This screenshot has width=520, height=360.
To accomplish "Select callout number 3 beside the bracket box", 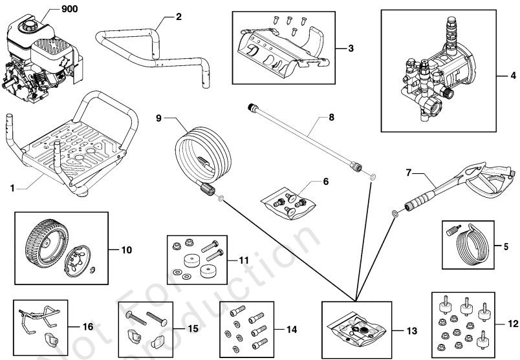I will click(350, 48).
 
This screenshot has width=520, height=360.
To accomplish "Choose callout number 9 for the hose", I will click(160, 118).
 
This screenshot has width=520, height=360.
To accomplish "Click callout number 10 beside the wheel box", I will click(125, 248).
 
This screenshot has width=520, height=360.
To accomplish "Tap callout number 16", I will click(88, 328).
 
